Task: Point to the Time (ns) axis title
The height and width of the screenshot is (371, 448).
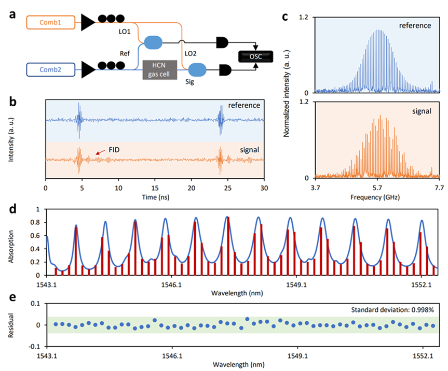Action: point(155,198)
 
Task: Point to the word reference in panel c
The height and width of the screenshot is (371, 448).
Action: point(416,25)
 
